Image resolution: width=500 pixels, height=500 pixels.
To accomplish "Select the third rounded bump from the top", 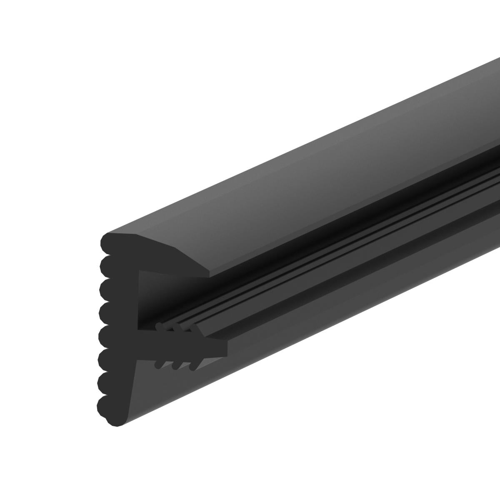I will (x=107, y=287).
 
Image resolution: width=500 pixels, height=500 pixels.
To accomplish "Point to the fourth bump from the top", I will (x=107, y=310).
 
